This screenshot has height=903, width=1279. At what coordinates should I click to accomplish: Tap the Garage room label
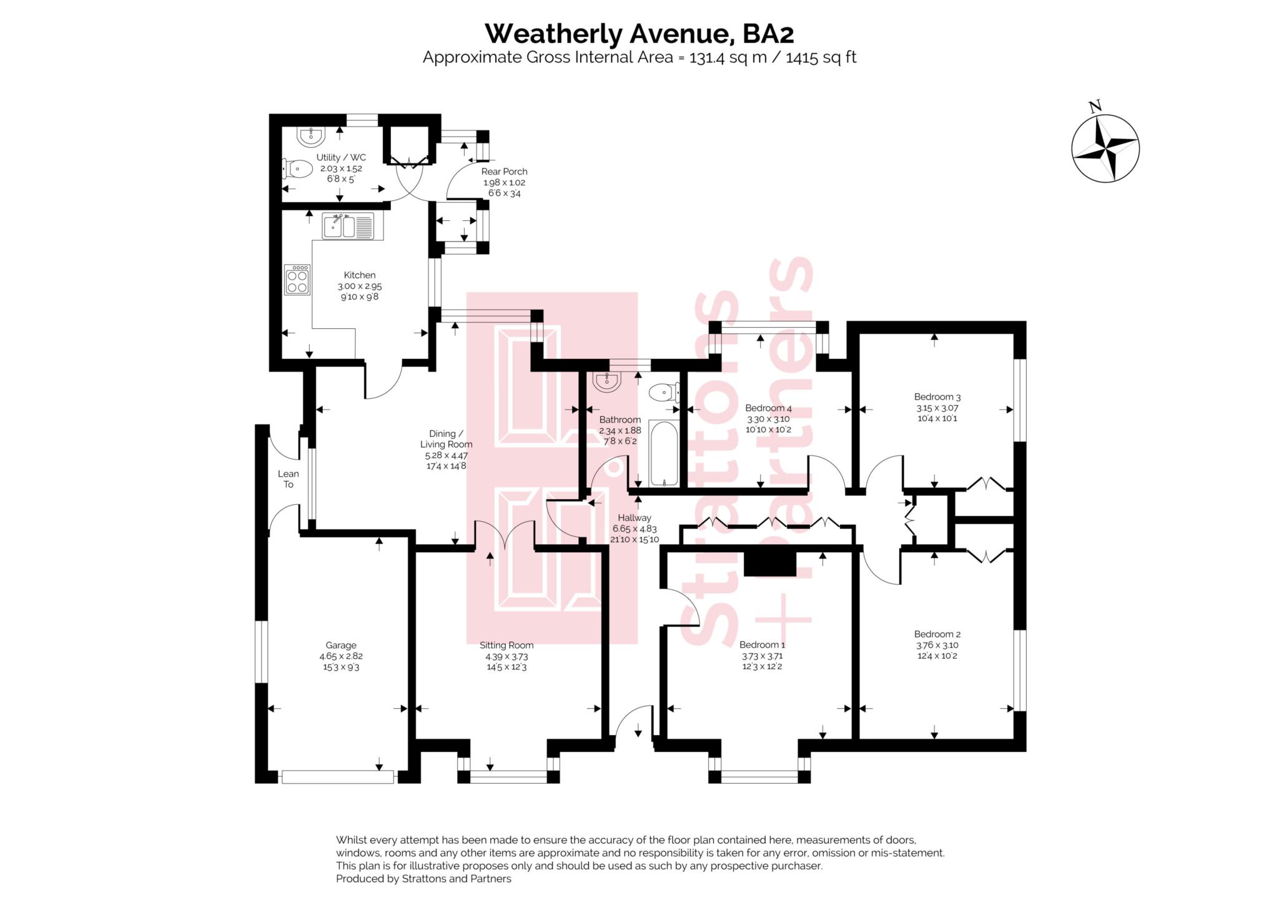[x=341, y=645]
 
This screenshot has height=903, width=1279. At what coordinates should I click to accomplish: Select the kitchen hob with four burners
[x=297, y=280]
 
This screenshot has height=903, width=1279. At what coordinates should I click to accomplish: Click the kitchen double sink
[x=348, y=226]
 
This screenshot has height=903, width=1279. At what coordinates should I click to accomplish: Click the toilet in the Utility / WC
[x=299, y=168]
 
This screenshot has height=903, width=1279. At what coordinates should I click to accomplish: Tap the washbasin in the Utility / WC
[x=310, y=135]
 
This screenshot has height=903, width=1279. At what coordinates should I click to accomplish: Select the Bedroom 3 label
[x=937, y=396]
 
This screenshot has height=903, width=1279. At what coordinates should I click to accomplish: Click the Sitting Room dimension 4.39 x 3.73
[x=506, y=657]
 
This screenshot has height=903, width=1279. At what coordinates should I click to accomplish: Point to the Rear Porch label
[x=504, y=171]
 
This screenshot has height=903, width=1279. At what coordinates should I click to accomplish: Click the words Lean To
[x=289, y=479]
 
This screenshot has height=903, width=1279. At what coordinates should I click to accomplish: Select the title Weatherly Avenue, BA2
[x=639, y=33]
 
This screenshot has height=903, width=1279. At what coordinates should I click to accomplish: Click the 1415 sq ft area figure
[x=821, y=57]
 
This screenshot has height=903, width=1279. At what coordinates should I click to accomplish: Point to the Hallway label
[x=635, y=517]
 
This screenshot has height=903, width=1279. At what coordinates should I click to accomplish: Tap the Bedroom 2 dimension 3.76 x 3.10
[x=937, y=645]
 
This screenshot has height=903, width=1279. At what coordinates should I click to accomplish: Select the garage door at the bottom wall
[x=338, y=777]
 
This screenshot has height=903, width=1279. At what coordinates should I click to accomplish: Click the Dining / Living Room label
[x=446, y=439]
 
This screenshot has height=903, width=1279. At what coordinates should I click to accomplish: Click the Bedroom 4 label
[x=768, y=408]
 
